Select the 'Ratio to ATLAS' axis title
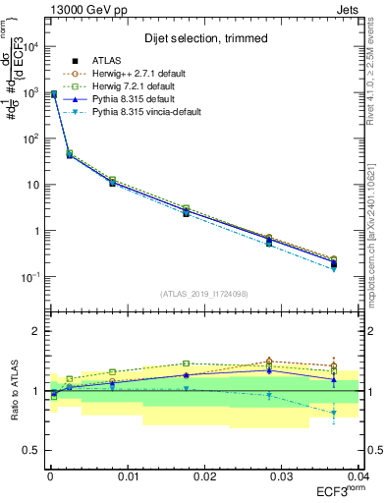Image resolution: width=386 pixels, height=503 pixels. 13,390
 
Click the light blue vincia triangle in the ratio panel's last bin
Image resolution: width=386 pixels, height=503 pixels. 334,413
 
